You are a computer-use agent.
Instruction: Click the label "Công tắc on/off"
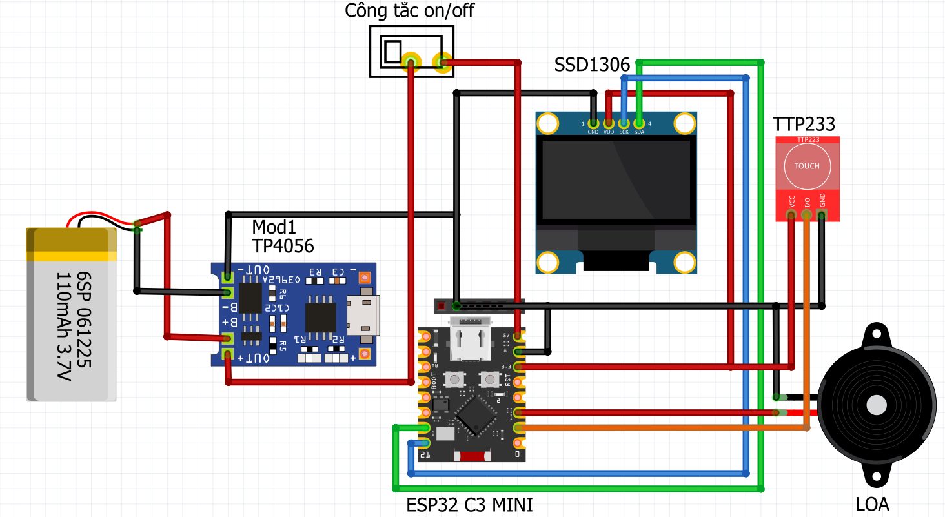(x=409, y=11)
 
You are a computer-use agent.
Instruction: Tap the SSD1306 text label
(x=591, y=65)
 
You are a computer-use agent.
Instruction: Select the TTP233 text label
(x=804, y=124)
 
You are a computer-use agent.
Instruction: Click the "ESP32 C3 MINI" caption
(x=470, y=504)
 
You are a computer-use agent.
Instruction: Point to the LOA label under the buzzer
(x=873, y=504)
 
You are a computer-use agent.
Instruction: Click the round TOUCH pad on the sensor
(x=807, y=166)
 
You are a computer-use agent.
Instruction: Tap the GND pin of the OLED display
(x=593, y=123)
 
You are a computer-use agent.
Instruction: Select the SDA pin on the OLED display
(x=639, y=123)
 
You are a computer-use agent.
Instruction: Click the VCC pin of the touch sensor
(x=791, y=214)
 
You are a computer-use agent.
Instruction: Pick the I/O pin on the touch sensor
(x=807, y=214)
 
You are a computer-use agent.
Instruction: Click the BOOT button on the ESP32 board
(x=456, y=379)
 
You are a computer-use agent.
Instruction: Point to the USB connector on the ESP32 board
(x=470, y=339)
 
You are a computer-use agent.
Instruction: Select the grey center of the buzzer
(x=877, y=405)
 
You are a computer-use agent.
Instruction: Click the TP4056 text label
(x=278, y=245)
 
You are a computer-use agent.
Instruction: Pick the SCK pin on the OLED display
(x=624, y=123)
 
